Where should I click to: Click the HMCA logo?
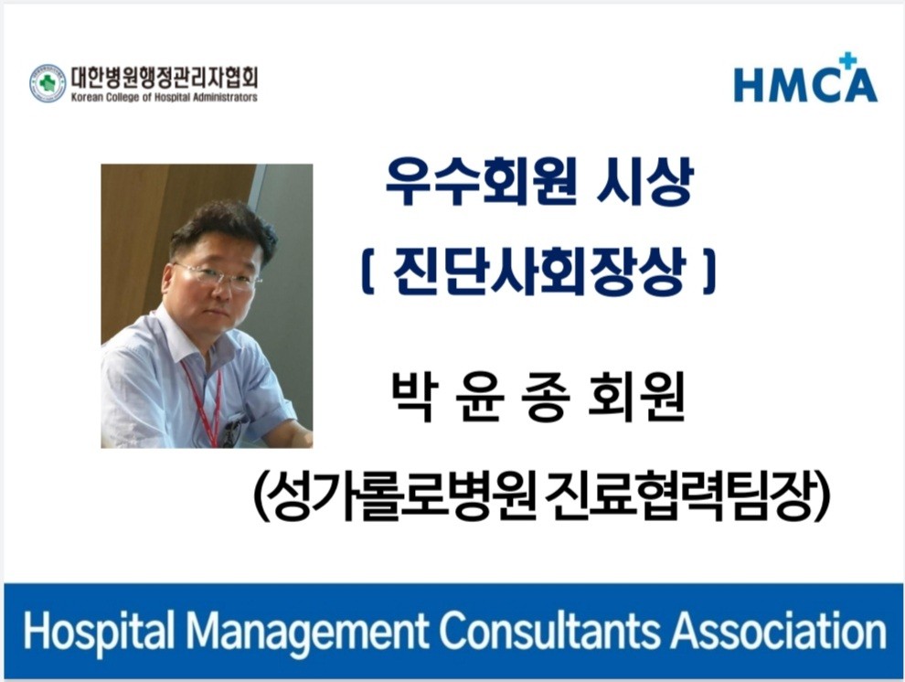click(805, 79)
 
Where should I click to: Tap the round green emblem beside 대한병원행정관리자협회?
click(48, 84)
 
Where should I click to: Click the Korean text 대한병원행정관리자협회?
click(165, 78)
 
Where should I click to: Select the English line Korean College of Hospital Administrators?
click(165, 98)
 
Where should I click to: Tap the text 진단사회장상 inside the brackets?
click(539, 271)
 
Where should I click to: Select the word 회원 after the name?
click(636, 397)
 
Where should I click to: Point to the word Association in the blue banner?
click(778, 631)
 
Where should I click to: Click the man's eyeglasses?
click(218, 276)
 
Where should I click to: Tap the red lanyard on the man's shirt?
click(202, 403)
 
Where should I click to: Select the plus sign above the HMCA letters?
click(846, 60)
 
